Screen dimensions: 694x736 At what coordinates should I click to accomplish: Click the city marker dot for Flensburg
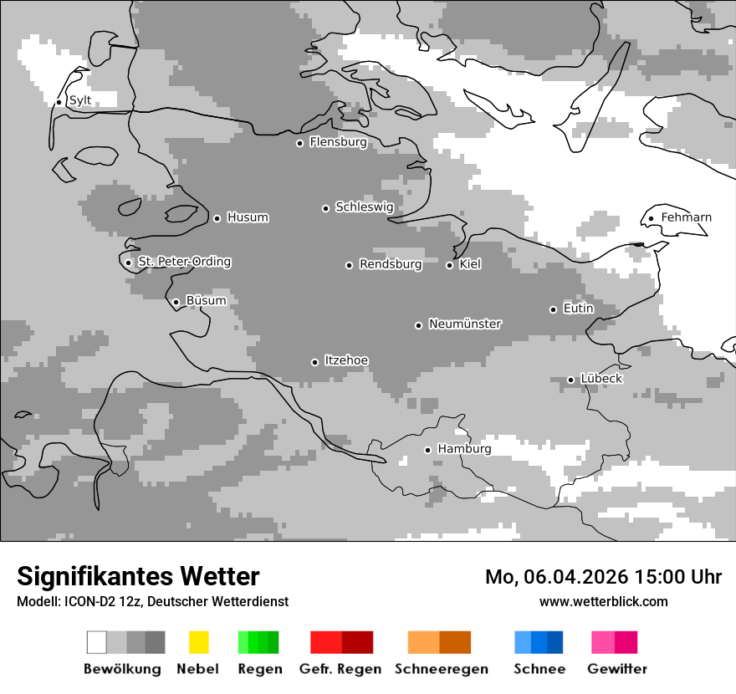tap(299, 143)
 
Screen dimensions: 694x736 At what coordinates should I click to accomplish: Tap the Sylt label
tap(79, 100)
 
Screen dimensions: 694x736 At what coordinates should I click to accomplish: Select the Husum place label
tap(248, 217)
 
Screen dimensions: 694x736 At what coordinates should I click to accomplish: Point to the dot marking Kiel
tap(449, 265)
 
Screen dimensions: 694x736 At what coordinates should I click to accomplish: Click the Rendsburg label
tap(390, 264)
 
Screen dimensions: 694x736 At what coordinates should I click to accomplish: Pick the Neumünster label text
tap(465, 324)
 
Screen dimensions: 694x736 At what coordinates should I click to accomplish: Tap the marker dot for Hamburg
tap(427, 450)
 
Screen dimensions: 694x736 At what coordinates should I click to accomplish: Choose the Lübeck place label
tap(601, 379)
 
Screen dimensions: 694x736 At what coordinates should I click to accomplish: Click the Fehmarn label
tap(686, 217)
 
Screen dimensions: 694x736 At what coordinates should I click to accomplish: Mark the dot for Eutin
tap(553, 309)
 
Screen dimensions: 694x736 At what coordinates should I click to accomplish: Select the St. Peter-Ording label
tap(184, 262)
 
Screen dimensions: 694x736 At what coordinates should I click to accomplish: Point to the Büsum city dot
tap(176, 302)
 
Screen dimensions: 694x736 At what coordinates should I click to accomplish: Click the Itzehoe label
tap(346, 360)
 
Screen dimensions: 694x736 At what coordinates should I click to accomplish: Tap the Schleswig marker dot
tap(325, 208)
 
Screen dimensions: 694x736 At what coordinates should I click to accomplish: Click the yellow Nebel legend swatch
tap(198, 642)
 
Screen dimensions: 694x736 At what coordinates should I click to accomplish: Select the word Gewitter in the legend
tap(616, 669)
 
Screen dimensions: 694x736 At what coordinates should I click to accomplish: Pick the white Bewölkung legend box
tap(97, 642)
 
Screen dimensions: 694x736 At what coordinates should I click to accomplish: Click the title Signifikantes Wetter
tap(138, 576)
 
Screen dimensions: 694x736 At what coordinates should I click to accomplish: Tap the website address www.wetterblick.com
tap(603, 601)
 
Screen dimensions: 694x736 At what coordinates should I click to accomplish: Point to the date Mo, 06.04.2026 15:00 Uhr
tap(603, 577)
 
